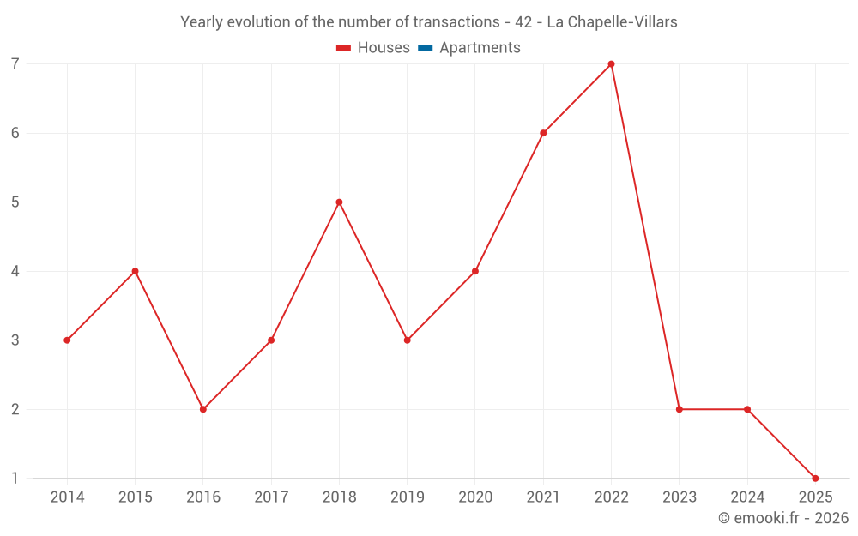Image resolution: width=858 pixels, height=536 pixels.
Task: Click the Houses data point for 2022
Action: [x=611, y=64]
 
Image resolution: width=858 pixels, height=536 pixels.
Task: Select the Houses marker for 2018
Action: [x=339, y=202]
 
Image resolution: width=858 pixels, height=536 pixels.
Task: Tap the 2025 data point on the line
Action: [x=815, y=478]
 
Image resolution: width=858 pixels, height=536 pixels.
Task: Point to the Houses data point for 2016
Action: [x=203, y=409]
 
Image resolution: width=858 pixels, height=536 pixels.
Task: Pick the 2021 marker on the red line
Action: [x=543, y=133]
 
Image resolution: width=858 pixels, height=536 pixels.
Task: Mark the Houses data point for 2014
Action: [x=67, y=340]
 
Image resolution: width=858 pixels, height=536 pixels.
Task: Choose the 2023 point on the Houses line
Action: [x=679, y=409]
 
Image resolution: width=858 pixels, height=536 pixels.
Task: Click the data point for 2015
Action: [x=135, y=271]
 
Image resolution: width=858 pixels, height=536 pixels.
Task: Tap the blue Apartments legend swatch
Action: [x=425, y=48]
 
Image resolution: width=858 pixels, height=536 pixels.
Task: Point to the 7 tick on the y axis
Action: [x=15, y=64]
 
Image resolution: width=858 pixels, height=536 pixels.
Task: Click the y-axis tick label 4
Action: [x=15, y=271]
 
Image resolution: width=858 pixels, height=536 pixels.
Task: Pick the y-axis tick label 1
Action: [x=15, y=478]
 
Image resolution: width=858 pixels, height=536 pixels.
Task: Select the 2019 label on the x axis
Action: [x=407, y=497]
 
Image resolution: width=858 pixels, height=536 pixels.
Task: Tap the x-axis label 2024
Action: [x=746, y=497]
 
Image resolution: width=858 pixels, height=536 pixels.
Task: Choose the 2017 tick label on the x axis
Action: [x=271, y=497]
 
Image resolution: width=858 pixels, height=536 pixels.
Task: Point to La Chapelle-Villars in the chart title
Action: [x=612, y=22]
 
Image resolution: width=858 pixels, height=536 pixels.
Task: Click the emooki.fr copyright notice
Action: [x=783, y=518]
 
